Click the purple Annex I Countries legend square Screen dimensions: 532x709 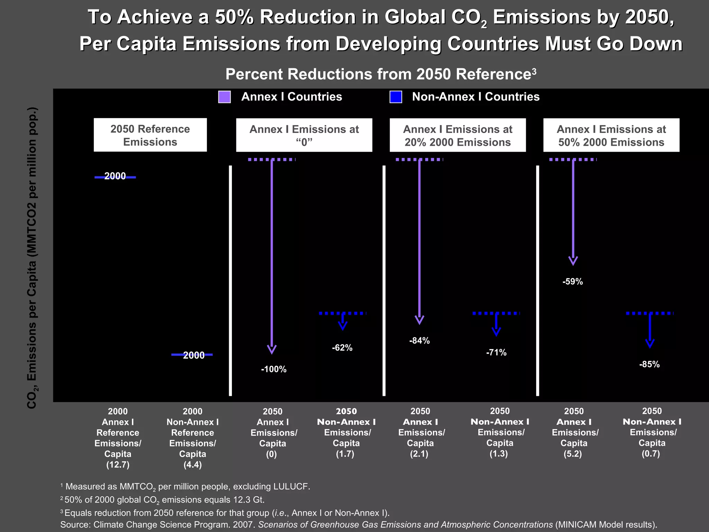[x=224, y=97]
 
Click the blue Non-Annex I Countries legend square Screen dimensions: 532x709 [x=396, y=97]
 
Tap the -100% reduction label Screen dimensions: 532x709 [x=273, y=370]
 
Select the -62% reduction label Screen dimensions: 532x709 [x=342, y=348]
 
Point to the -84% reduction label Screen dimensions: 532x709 [x=419, y=341]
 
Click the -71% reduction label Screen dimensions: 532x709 [x=496, y=353]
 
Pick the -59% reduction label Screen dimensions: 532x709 [x=573, y=282]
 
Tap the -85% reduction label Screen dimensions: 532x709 [x=649, y=364]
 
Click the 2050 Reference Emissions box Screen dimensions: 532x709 [x=150, y=135]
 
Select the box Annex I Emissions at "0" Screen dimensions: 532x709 [x=304, y=135]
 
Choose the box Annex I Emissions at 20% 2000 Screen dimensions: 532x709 [x=458, y=135]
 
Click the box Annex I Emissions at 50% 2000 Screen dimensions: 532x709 [x=611, y=135]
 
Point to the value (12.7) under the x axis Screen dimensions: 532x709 [x=118, y=465]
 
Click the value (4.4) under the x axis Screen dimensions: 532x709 [x=192, y=465]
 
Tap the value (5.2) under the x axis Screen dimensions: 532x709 [x=573, y=454]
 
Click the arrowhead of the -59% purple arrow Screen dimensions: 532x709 [x=573, y=261]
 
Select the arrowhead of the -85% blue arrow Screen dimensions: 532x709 [x=650, y=344]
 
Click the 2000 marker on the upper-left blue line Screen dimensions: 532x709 [x=115, y=176]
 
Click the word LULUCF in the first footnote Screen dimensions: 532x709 [x=290, y=487]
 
